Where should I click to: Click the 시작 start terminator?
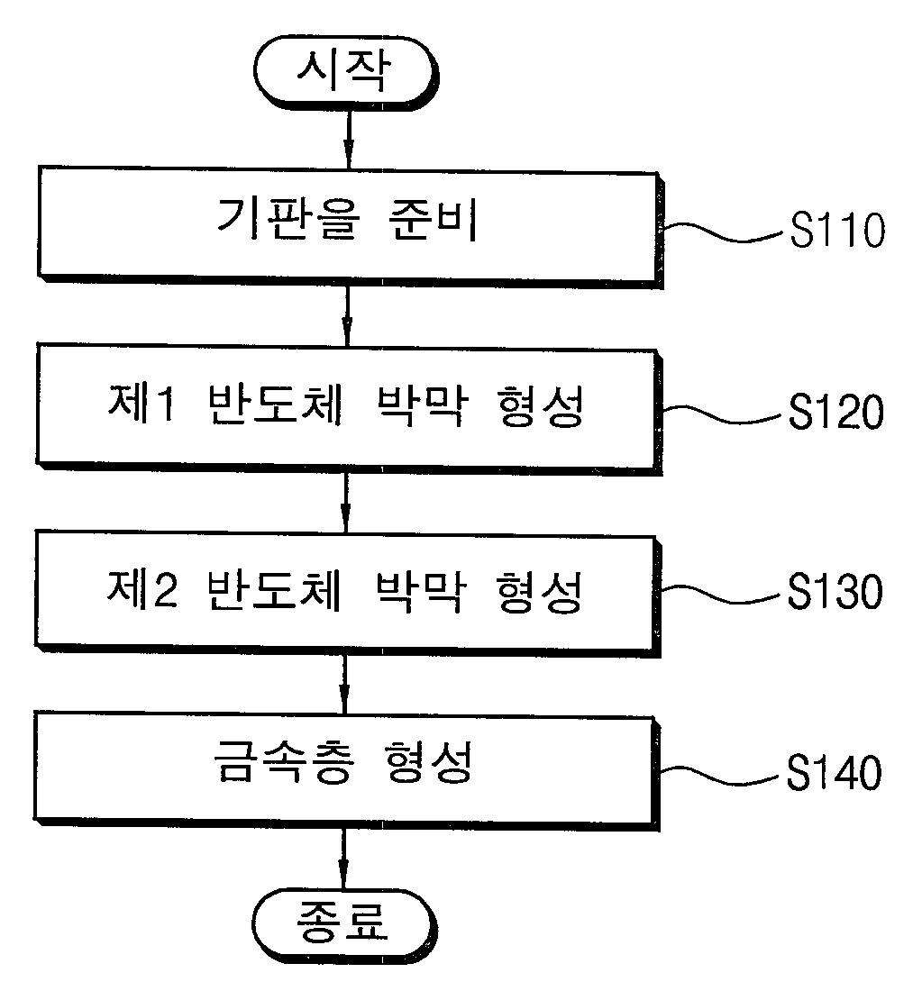346,72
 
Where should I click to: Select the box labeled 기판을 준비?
350,227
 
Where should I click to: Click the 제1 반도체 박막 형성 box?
349,409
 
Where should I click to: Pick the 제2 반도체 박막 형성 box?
347,593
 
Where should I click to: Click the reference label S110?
837,230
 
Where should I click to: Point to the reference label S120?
835,411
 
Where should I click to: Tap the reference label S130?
835,591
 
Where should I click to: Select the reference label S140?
834,772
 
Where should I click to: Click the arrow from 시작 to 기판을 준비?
349,139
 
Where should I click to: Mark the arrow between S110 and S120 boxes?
347,316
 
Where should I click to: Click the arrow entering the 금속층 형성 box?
344,685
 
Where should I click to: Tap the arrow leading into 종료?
343,859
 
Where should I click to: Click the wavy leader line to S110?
724,232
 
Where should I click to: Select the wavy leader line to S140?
719,774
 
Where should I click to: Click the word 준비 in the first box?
433,219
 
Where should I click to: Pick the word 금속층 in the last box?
283,761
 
